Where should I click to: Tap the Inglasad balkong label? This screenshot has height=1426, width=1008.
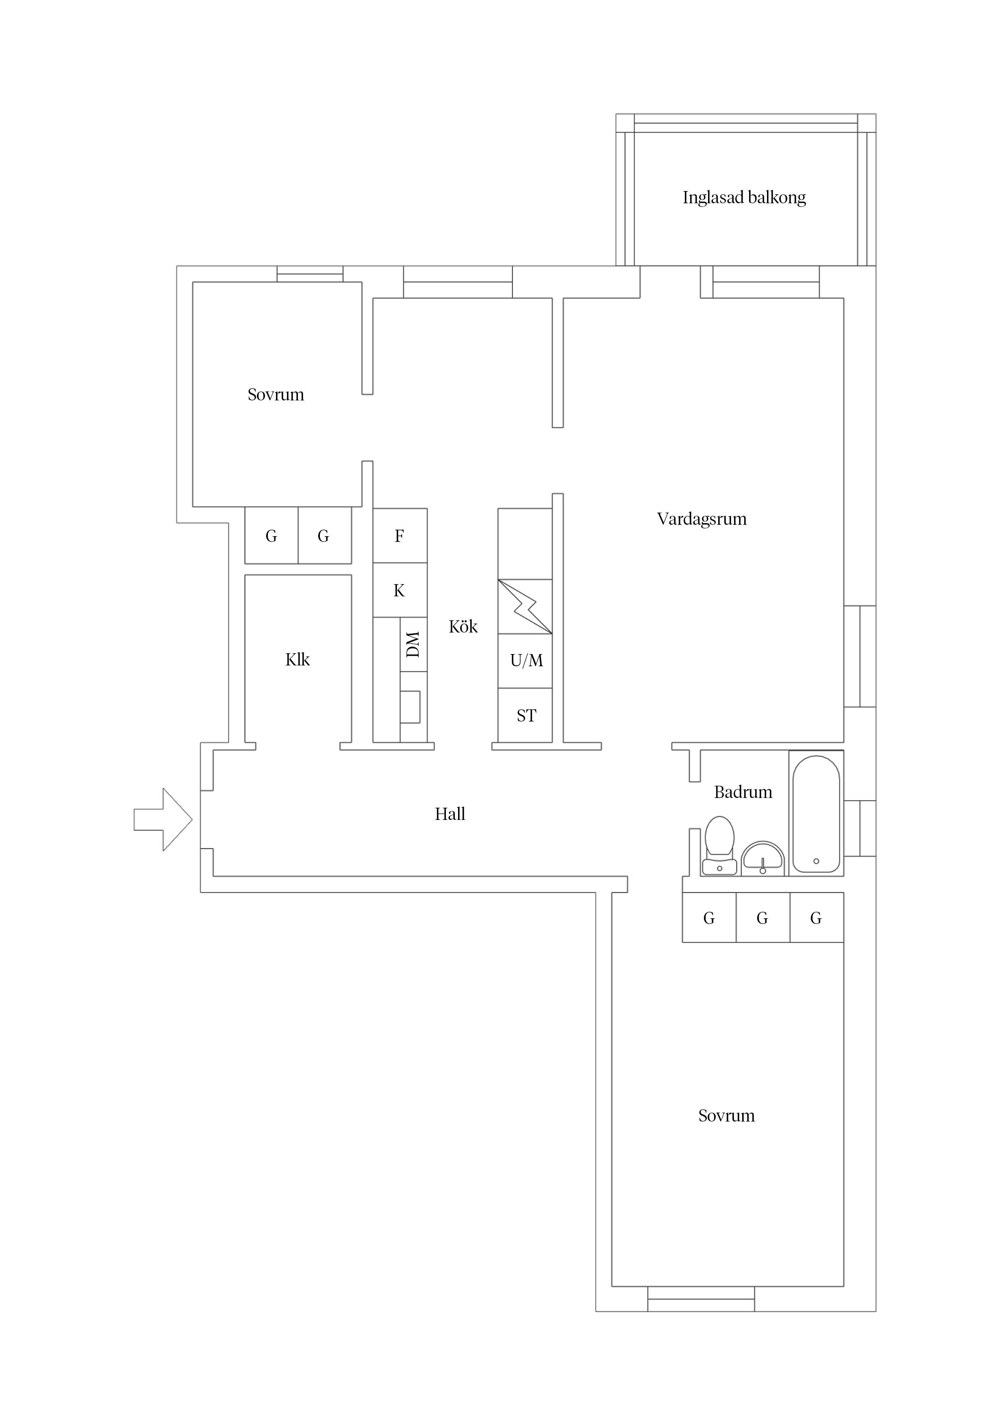(x=744, y=198)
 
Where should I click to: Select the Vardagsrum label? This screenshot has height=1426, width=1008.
(x=701, y=519)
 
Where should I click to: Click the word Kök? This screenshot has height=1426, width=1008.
(x=463, y=627)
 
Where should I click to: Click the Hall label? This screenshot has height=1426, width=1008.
(x=450, y=814)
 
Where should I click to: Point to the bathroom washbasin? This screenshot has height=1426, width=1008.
(x=763, y=859)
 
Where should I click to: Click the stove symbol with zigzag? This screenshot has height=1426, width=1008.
(x=525, y=606)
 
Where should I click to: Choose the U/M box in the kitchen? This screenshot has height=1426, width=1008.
(x=526, y=661)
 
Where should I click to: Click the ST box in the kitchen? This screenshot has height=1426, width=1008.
(x=526, y=715)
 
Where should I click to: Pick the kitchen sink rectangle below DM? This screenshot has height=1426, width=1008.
(x=410, y=707)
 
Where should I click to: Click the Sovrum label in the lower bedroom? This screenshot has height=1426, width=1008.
(x=726, y=1115)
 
